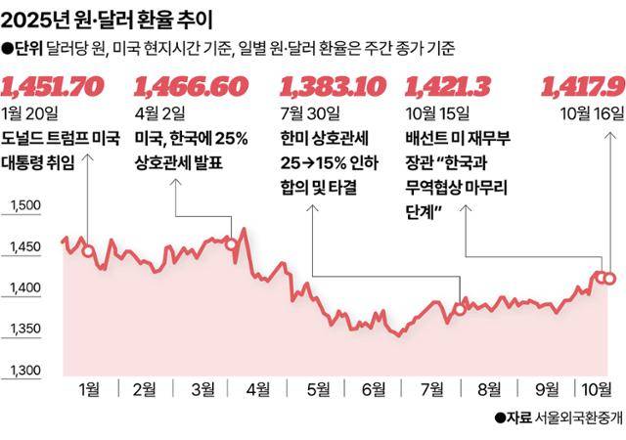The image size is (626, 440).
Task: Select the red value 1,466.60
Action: [191, 86]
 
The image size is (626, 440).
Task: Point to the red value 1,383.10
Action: [332, 86]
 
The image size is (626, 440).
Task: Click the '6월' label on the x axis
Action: [373, 389]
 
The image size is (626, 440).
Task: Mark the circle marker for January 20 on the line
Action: [88, 251]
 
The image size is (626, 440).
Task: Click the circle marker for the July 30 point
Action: [458, 309]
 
